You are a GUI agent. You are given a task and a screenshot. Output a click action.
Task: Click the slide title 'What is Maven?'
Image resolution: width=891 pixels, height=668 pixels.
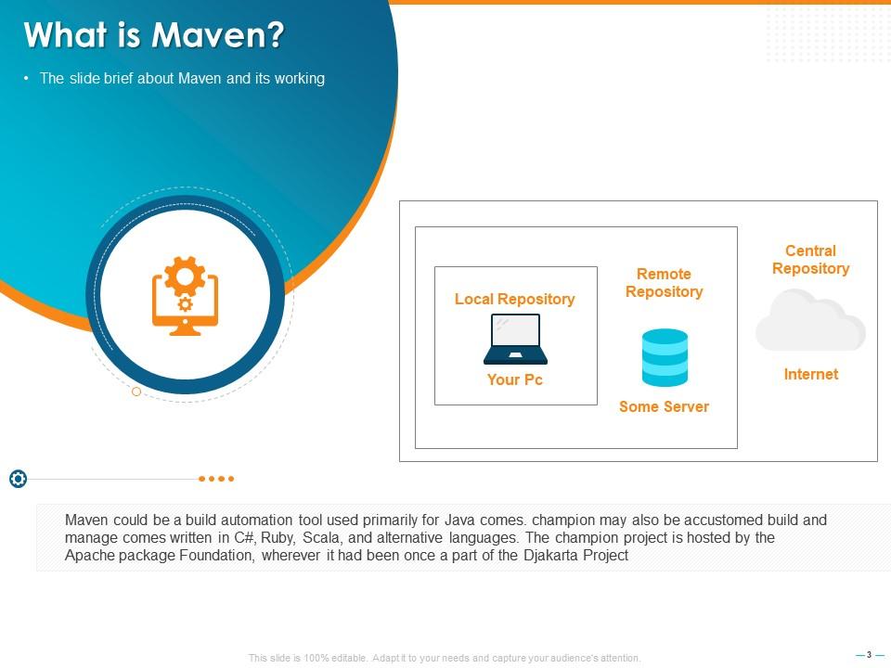click(x=154, y=36)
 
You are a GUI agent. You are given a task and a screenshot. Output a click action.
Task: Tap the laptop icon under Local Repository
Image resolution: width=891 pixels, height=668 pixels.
click(x=515, y=339)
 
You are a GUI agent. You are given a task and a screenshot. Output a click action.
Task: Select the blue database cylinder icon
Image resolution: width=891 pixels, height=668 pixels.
click(x=665, y=357)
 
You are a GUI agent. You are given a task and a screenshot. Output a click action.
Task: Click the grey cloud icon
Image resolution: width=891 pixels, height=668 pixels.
click(x=810, y=320)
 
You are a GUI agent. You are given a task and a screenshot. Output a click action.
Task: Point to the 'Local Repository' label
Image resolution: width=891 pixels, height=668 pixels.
click(x=514, y=299)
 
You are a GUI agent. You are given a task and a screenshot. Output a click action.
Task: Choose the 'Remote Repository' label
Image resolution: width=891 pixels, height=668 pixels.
click(x=664, y=283)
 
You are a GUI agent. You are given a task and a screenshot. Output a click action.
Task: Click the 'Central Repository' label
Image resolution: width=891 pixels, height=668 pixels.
click(x=810, y=260)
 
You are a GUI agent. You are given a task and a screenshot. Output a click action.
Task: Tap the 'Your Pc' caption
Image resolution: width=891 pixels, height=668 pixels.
click(x=515, y=379)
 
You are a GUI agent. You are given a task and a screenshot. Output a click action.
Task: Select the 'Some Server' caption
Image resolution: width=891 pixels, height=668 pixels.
click(x=664, y=406)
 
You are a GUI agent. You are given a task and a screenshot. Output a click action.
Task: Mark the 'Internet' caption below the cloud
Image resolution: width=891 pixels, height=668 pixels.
click(x=810, y=374)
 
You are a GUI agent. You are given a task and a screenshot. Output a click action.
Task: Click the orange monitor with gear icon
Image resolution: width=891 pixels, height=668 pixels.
click(x=185, y=295)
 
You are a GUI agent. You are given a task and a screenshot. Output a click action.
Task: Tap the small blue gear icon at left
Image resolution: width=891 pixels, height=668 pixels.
click(x=18, y=479)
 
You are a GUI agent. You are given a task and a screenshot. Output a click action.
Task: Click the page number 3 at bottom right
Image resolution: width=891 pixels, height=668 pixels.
click(x=870, y=655)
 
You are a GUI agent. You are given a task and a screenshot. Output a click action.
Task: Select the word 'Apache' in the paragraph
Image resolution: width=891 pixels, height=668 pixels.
click(x=88, y=556)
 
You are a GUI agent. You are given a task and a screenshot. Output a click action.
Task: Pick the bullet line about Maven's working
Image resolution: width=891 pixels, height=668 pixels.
click(x=182, y=79)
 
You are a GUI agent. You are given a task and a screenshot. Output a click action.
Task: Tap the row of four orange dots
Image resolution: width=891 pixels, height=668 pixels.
click(x=216, y=479)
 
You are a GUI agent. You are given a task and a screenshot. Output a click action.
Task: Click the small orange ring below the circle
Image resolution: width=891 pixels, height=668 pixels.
click(x=136, y=392)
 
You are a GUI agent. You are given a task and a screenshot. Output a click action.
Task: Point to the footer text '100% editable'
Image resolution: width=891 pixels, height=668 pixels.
click(x=320, y=658)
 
